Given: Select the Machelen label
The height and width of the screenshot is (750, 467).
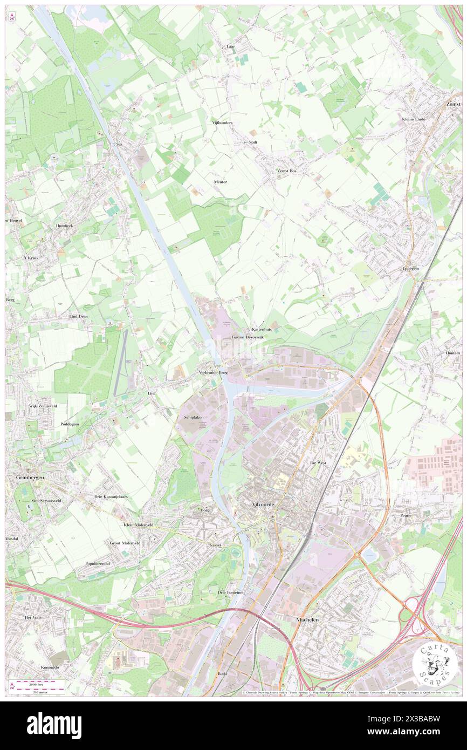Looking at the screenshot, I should (x=307, y=620).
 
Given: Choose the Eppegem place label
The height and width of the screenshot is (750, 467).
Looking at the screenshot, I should (x=410, y=268).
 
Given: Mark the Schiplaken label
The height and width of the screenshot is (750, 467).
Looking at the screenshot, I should (x=193, y=418).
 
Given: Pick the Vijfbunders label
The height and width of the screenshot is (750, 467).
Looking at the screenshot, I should (x=222, y=122).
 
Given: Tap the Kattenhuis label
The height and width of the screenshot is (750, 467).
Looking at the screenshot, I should (x=262, y=329).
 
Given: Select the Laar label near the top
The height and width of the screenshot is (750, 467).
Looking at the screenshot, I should (x=231, y=47).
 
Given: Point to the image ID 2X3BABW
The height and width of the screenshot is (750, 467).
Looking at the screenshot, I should (x=427, y=718).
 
